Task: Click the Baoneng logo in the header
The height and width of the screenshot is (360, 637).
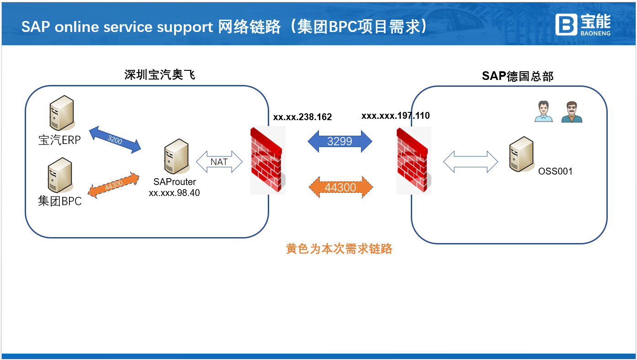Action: click(583, 24)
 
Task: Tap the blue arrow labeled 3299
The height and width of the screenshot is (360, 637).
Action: click(340, 141)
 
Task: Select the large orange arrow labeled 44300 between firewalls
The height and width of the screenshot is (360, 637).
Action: click(340, 187)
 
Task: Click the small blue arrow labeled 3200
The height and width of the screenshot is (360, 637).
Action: click(115, 140)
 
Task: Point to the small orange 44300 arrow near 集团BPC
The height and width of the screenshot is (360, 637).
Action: click(113, 185)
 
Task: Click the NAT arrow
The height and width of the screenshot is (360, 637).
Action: click(219, 162)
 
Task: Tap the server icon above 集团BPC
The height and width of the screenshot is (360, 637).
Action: click(60, 176)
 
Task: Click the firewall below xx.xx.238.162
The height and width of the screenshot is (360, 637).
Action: click(267, 161)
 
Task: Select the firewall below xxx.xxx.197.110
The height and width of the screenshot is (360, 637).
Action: click(414, 161)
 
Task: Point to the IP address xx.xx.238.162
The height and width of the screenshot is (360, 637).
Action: click(303, 117)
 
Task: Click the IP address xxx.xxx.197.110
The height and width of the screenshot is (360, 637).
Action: click(395, 116)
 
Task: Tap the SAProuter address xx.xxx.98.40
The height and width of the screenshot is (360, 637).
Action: click(174, 193)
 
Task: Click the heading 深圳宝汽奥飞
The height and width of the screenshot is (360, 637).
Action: click(160, 74)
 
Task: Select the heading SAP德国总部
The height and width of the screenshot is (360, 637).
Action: click(517, 76)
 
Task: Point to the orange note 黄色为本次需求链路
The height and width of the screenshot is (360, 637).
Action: click(339, 249)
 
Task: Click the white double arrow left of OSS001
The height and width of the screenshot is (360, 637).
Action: click(470, 162)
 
